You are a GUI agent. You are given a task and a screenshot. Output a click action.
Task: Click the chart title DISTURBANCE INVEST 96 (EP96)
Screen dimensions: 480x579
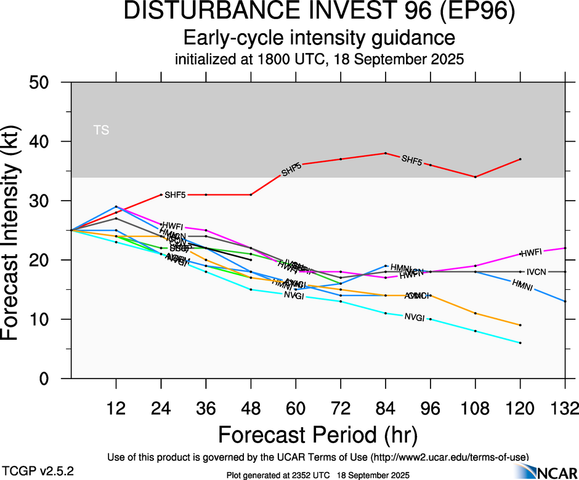click(318, 13)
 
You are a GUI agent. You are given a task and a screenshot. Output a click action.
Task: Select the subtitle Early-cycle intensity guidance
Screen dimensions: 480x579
click(318, 38)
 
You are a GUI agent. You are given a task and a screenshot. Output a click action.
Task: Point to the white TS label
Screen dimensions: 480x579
click(101, 130)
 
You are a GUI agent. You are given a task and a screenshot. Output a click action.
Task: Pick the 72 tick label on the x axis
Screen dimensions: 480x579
click(341, 408)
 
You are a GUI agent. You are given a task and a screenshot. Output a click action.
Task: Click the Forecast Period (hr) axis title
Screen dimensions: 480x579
click(318, 435)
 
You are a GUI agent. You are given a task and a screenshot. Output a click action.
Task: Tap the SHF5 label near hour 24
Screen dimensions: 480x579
click(175, 195)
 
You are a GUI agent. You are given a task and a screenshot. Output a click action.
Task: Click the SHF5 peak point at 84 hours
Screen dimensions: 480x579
click(386, 153)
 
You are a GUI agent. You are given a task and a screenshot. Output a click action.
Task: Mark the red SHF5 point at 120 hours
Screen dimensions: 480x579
click(520, 159)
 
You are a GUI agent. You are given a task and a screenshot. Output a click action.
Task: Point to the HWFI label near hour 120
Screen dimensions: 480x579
click(531, 252)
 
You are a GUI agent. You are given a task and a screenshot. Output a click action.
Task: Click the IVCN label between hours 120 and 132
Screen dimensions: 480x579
click(537, 272)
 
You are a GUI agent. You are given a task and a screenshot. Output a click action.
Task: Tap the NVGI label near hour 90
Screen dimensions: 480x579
click(414, 317)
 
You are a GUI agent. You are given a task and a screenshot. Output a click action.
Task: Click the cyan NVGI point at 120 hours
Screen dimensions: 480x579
click(520, 343)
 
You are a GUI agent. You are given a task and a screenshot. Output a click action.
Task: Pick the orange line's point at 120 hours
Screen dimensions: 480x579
click(520, 325)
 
